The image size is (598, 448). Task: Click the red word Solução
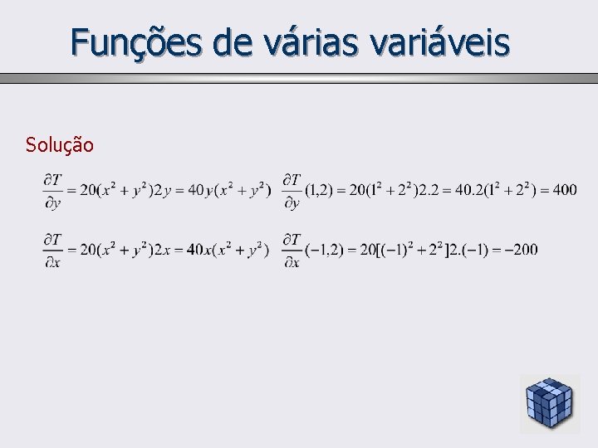[59, 145]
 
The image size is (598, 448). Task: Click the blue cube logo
[549, 403]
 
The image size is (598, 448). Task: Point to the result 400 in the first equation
[564, 190]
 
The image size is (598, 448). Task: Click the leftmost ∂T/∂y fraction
[52, 190]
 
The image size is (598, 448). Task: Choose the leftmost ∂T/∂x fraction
[52, 249]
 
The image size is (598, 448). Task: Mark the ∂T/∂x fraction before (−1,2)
[292, 249]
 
